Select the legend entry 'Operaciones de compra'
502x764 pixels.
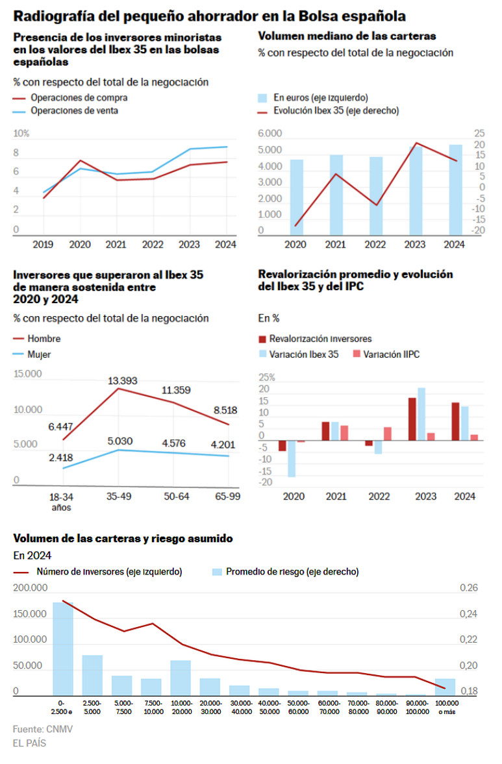coord(79,97)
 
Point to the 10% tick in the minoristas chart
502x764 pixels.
coord(21,134)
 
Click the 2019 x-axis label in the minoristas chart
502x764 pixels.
coord(43,245)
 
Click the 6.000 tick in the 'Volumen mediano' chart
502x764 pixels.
coord(270,134)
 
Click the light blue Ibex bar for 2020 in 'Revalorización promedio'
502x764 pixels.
coord(292,458)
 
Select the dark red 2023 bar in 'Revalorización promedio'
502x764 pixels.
coord(412,419)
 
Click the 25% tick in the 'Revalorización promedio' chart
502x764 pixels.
coord(267,378)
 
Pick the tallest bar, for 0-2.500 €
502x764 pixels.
coord(63,648)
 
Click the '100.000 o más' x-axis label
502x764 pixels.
coord(445,706)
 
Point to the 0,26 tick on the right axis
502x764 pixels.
coord(469,588)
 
